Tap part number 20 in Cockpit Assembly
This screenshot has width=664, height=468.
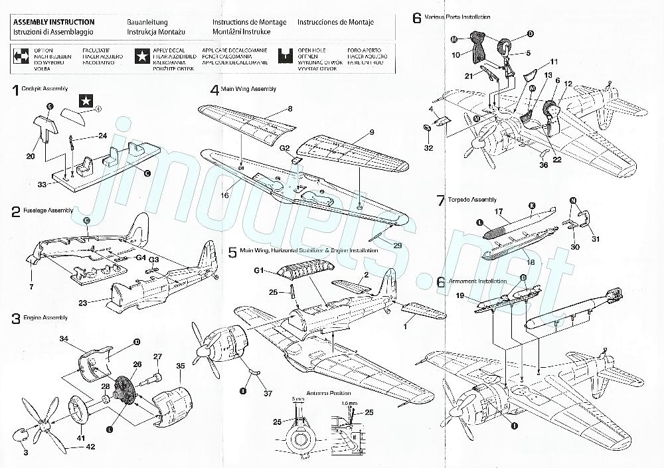click(x=30, y=156)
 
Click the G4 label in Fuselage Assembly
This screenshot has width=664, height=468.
click(x=140, y=257)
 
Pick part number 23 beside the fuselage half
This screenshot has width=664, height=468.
click(x=92, y=302)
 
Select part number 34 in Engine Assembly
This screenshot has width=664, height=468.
click(x=64, y=339)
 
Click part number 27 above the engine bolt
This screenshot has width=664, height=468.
click(x=157, y=357)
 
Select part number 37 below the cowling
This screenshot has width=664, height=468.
click(x=268, y=393)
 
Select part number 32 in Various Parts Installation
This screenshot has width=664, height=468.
click(x=428, y=148)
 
